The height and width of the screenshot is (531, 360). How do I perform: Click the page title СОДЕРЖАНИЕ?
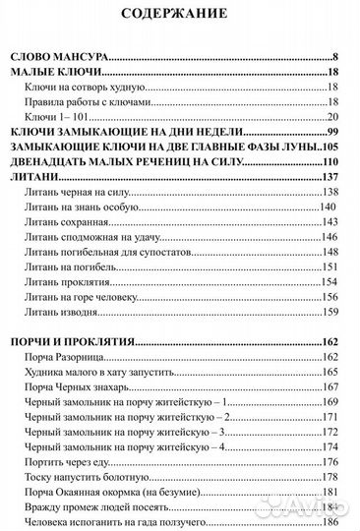(180, 15)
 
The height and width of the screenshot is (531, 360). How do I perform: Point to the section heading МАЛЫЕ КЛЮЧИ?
(61, 72)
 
